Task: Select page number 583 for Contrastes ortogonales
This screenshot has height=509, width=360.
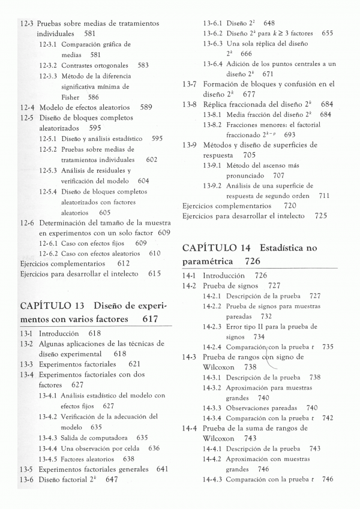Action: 143,65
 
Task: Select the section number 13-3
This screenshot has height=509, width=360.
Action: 26,363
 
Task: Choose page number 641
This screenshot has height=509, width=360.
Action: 161,469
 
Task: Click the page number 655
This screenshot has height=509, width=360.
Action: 327,34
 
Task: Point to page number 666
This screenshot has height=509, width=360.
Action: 247,53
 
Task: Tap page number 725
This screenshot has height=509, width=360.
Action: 320,215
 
